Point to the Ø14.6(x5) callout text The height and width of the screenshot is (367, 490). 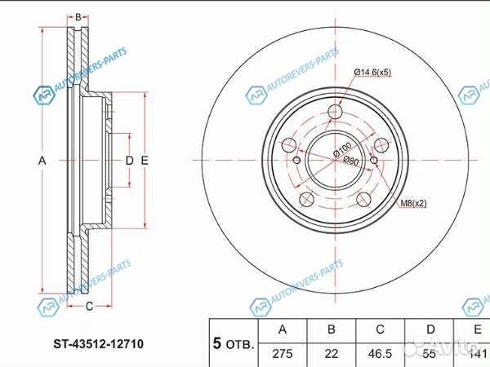click(372, 73)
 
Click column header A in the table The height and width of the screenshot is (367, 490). click(283, 329)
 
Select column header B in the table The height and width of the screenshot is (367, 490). click(331, 329)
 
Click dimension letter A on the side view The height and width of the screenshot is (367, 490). click(42, 161)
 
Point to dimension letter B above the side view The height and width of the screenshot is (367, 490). click(78, 17)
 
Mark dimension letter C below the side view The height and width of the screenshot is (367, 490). click(89, 306)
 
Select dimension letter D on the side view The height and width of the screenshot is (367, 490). click(128, 161)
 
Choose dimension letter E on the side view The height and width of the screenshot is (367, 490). click(144, 161)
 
